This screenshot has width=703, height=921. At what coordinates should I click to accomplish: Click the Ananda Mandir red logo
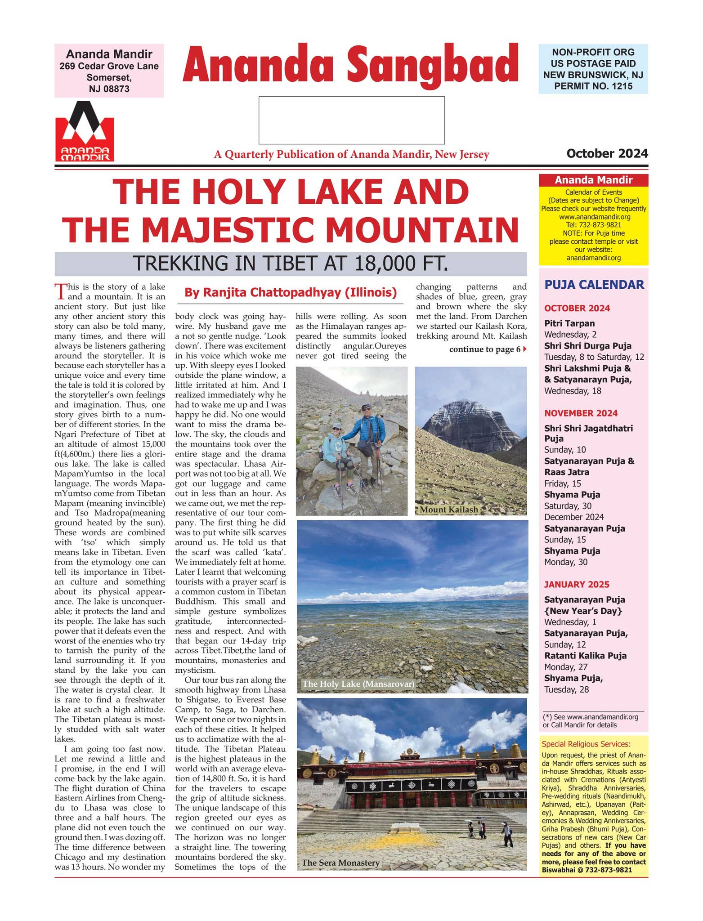(x=85, y=132)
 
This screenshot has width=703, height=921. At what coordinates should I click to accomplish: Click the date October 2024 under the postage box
(x=607, y=154)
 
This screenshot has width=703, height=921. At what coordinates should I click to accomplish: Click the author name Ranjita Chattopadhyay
(x=291, y=293)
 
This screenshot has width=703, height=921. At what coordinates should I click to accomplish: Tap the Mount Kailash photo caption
(x=448, y=510)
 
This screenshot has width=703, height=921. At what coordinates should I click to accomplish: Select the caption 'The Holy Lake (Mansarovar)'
(x=358, y=684)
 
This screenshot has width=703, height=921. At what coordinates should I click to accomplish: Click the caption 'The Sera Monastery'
(x=340, y=863)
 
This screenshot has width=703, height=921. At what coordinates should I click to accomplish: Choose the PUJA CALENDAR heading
(x=594, y=285)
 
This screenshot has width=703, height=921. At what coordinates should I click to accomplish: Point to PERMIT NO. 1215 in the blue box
(x=593, y=86)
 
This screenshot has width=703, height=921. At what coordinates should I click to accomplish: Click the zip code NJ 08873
(x=109, y=89)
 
